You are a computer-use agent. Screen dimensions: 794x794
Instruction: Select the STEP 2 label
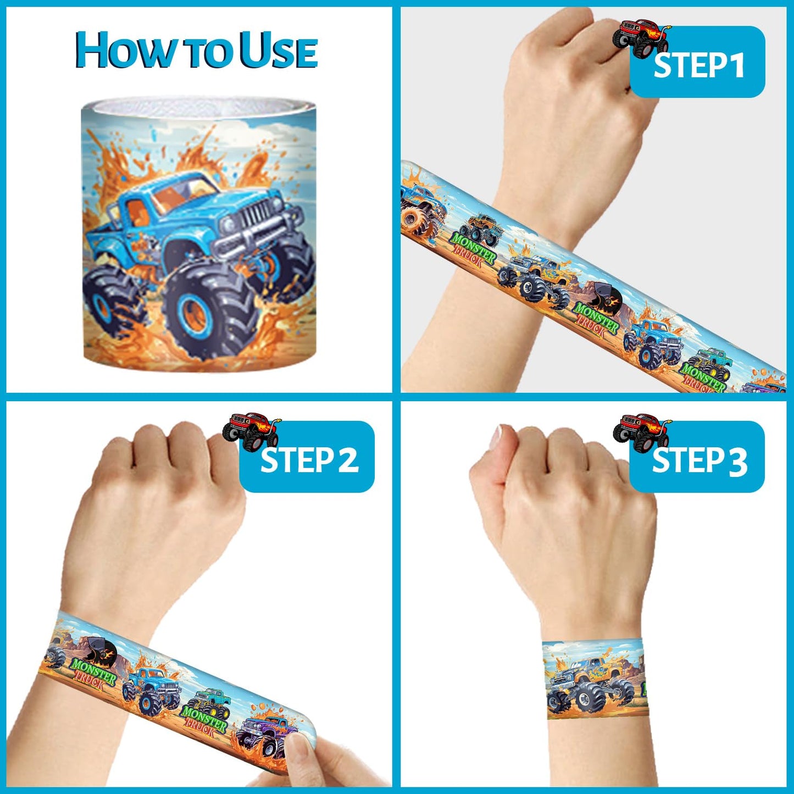click(309, 459)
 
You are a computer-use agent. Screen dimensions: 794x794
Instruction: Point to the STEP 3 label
click(699, 460)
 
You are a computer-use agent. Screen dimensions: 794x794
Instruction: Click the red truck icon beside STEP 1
click(641, 37)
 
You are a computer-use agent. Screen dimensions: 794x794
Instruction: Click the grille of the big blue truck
click(256, 214)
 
